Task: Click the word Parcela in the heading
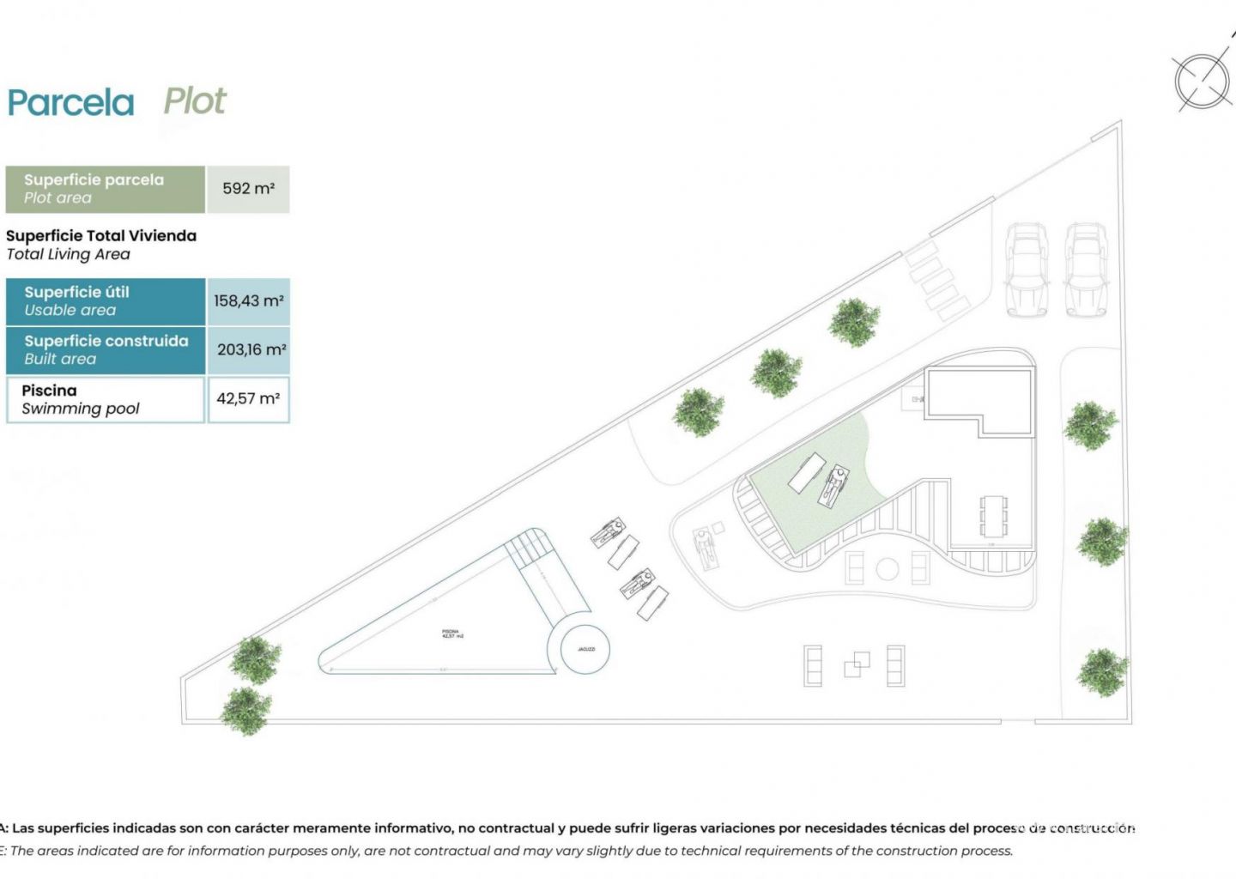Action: (70, 103)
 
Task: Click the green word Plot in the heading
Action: (195, 101)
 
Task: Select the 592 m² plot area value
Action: (248, 189)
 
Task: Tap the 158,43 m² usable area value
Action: (248, 301)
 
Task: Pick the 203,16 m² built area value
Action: (250, 350)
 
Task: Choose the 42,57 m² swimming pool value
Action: (248, 399)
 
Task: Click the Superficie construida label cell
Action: (106, 350)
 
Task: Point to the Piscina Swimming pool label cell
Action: (106, 399)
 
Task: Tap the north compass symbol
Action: (1203, 82)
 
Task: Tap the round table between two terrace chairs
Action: (887, 568)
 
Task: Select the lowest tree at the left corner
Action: (246, 710)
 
